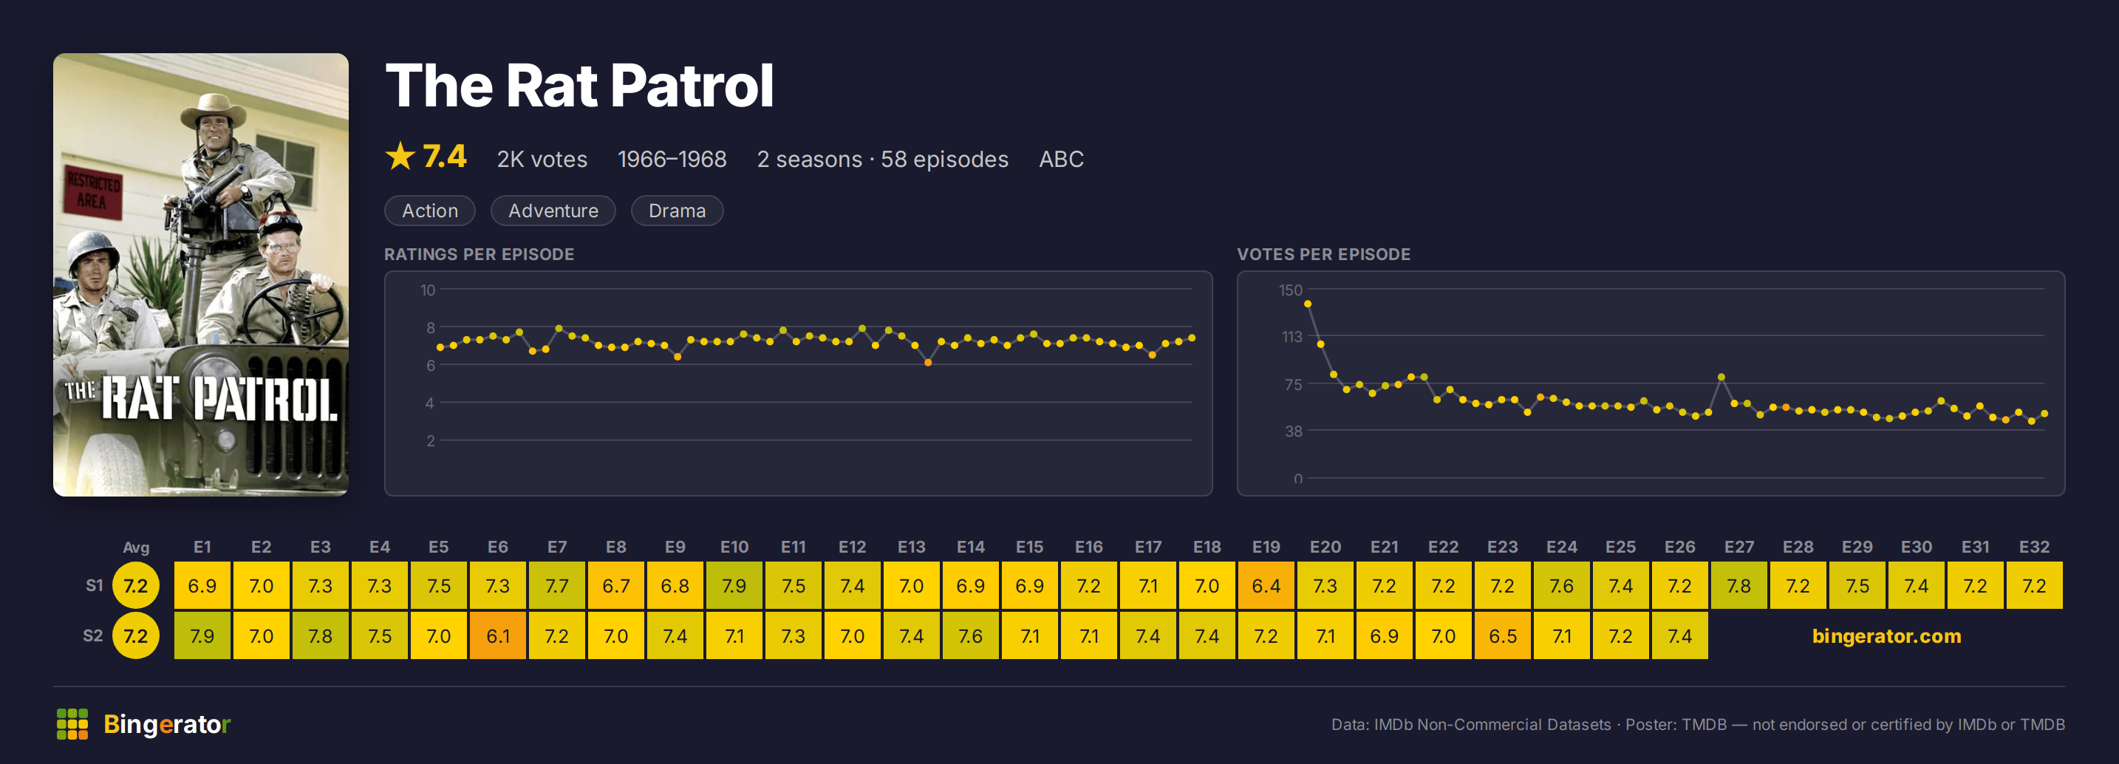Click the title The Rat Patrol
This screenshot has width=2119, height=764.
[579, 86]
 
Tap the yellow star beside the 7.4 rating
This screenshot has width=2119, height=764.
[400, 156]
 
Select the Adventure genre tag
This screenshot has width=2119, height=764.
[553, 211]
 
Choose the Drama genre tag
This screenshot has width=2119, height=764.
[677, 211]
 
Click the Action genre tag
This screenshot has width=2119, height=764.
[429, 211]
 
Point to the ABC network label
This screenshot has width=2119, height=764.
[1061, 159]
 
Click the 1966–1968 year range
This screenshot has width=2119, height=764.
[672, 159]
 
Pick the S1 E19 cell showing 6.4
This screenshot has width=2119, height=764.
[1266, 585]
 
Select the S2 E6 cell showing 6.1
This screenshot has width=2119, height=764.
[498, 635]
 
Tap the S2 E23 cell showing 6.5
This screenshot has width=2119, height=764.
[1502, 635]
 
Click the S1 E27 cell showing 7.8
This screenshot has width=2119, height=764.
[1738, 585]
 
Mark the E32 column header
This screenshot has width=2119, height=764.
[2033, 547]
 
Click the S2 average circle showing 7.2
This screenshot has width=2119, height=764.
[136, 635]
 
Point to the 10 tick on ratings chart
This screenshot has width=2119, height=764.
[428, 290]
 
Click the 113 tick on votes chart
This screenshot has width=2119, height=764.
[1291, 336]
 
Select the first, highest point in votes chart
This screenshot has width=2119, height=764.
[1307, 304]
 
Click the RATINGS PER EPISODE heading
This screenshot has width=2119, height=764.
[479, 254]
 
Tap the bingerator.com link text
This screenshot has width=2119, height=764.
[1886, 635]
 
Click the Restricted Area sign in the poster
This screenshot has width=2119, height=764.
[93, 191]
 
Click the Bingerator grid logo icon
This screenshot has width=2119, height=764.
[72, 723]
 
